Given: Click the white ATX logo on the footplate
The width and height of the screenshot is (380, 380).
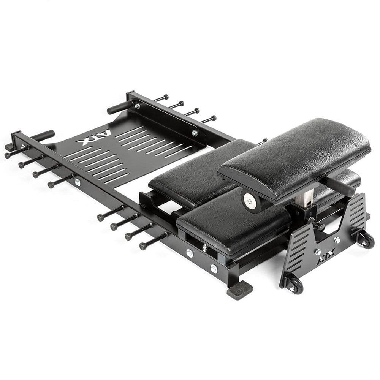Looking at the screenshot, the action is pos(94,137).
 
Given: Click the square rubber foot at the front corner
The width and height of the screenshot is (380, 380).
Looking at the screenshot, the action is pos(239,290).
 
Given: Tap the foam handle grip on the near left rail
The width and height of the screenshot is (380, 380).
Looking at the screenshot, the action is pos(43,135).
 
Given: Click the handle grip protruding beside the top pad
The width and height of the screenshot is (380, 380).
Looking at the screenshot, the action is pos(341,186).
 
